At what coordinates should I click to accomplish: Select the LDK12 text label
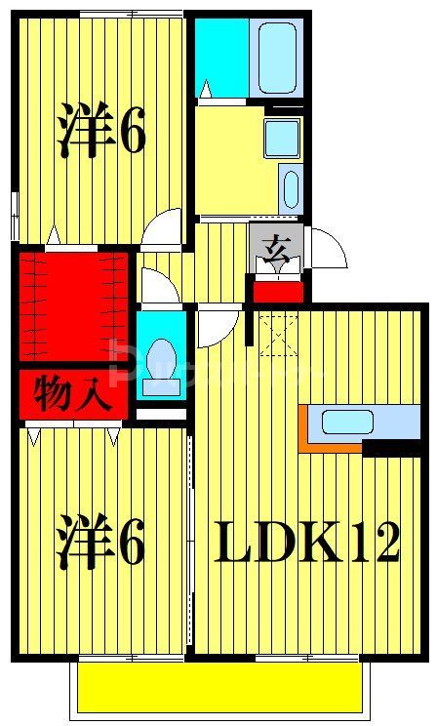coord(307,543)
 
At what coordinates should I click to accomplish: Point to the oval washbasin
coord(290,187)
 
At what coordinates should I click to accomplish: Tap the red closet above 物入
coord(72,305)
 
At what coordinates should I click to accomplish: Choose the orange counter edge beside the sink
coord(304,429)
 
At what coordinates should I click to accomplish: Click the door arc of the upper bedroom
coord(164,226)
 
